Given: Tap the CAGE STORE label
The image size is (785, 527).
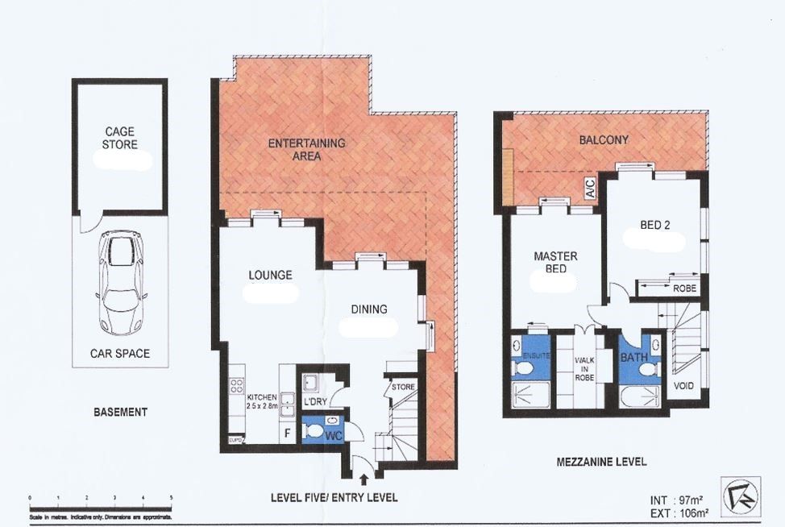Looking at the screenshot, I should tap(119, 138).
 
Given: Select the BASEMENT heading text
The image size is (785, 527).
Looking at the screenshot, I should tap(120, 412).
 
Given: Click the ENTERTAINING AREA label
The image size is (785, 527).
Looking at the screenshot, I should tap(306, 150).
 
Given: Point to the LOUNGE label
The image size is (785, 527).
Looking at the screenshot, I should tap(270, 275).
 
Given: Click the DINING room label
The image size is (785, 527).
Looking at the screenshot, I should tap(368, 309).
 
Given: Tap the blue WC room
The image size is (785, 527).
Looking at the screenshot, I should tap(322, 430).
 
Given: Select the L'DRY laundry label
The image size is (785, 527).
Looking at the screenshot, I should tap(314, 401).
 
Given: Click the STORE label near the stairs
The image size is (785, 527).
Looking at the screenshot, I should tap(403, 388).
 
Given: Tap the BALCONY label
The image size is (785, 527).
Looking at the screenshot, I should tap(604, 140).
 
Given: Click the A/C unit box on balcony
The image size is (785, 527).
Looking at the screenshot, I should tap(589, 189).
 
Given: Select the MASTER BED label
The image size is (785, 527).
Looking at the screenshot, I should tap(555, 263).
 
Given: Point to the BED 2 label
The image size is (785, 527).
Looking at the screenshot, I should tap(655, 225).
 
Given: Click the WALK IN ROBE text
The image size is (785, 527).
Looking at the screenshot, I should tap(584, 368).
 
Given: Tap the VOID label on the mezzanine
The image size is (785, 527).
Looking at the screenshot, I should tap(683, 386).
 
